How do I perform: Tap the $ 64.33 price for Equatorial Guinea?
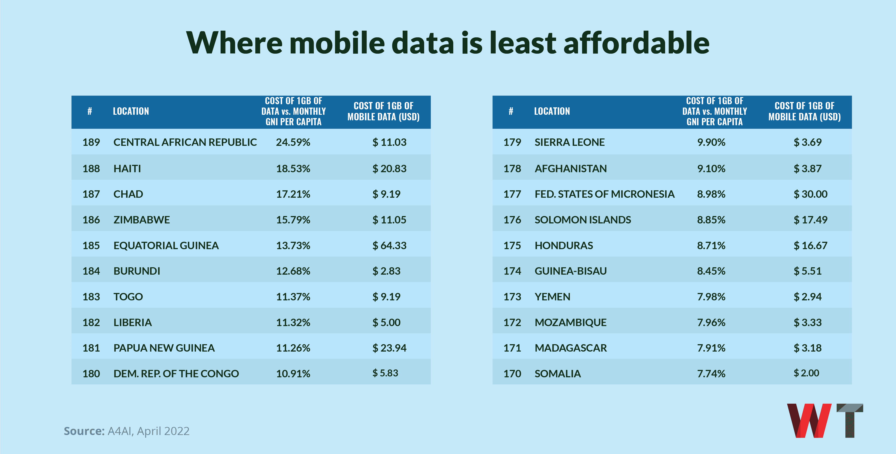[389, 246]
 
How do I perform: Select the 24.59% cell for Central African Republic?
[293, 142]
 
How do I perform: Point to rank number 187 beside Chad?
[91, 194]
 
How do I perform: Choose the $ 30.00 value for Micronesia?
[810, 194]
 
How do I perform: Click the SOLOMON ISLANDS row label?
[583, 220]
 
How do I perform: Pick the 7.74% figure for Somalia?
[711, 374]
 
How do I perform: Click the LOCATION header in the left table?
[131, 111]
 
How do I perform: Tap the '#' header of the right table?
[511, 111]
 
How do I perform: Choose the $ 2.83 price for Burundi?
[387, 271]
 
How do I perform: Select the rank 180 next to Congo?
[91, 374]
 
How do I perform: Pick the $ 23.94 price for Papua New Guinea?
[389, 348]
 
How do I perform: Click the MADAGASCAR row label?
[570, 348]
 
